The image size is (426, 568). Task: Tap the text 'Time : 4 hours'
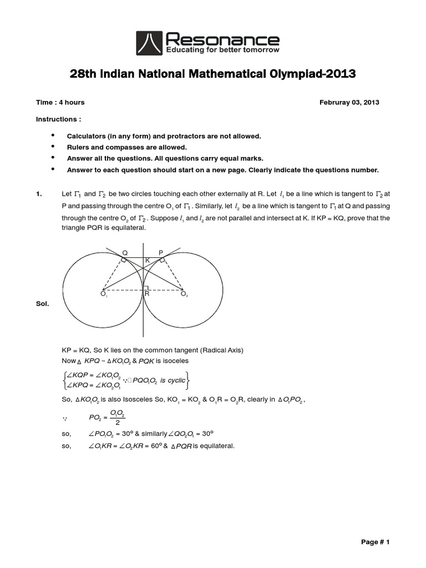tap(60, 103)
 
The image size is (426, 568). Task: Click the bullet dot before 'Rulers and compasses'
tap(53, 146)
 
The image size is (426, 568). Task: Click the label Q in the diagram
tap(125, 252)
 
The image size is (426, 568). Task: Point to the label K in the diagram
tap(147, 260)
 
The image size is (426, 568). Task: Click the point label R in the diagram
tap(147, 294)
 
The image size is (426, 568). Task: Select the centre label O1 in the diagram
tap(104, 294)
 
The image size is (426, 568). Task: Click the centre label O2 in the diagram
tap(184, 294)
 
